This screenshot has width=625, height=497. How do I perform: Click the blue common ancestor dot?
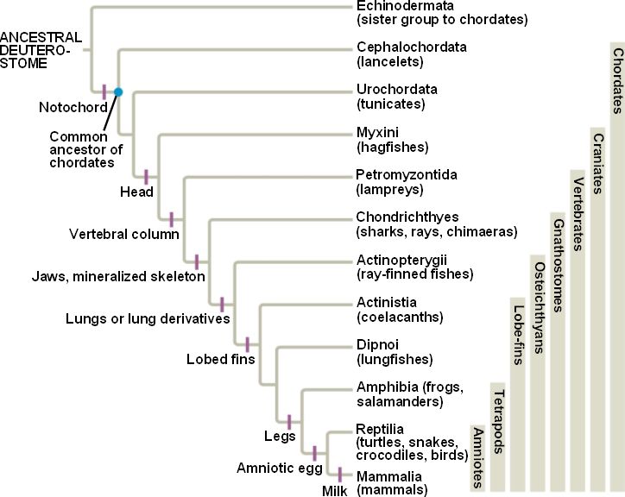[x=118, y=91]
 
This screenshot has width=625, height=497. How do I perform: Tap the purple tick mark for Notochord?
[x=104, y=91]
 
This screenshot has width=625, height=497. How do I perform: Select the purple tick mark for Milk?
[x=339, y=475]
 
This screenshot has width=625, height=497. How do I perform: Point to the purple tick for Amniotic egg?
[x=314, y=452]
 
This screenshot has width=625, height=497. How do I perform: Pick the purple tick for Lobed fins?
[x=247, y=343]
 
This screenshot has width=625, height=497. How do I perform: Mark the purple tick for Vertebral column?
[x=171, y=219]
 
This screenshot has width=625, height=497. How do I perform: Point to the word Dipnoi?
[x=377, y=344]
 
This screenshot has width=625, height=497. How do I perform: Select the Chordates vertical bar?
[x=616, y=259]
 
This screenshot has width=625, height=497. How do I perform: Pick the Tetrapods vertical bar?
[x=497, y=436]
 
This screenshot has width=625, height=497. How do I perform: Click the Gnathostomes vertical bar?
[x=558, y=345]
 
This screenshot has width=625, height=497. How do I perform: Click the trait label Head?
[x=136, y=192]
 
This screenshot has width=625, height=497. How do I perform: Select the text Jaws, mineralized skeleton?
[x=118, y=277]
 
